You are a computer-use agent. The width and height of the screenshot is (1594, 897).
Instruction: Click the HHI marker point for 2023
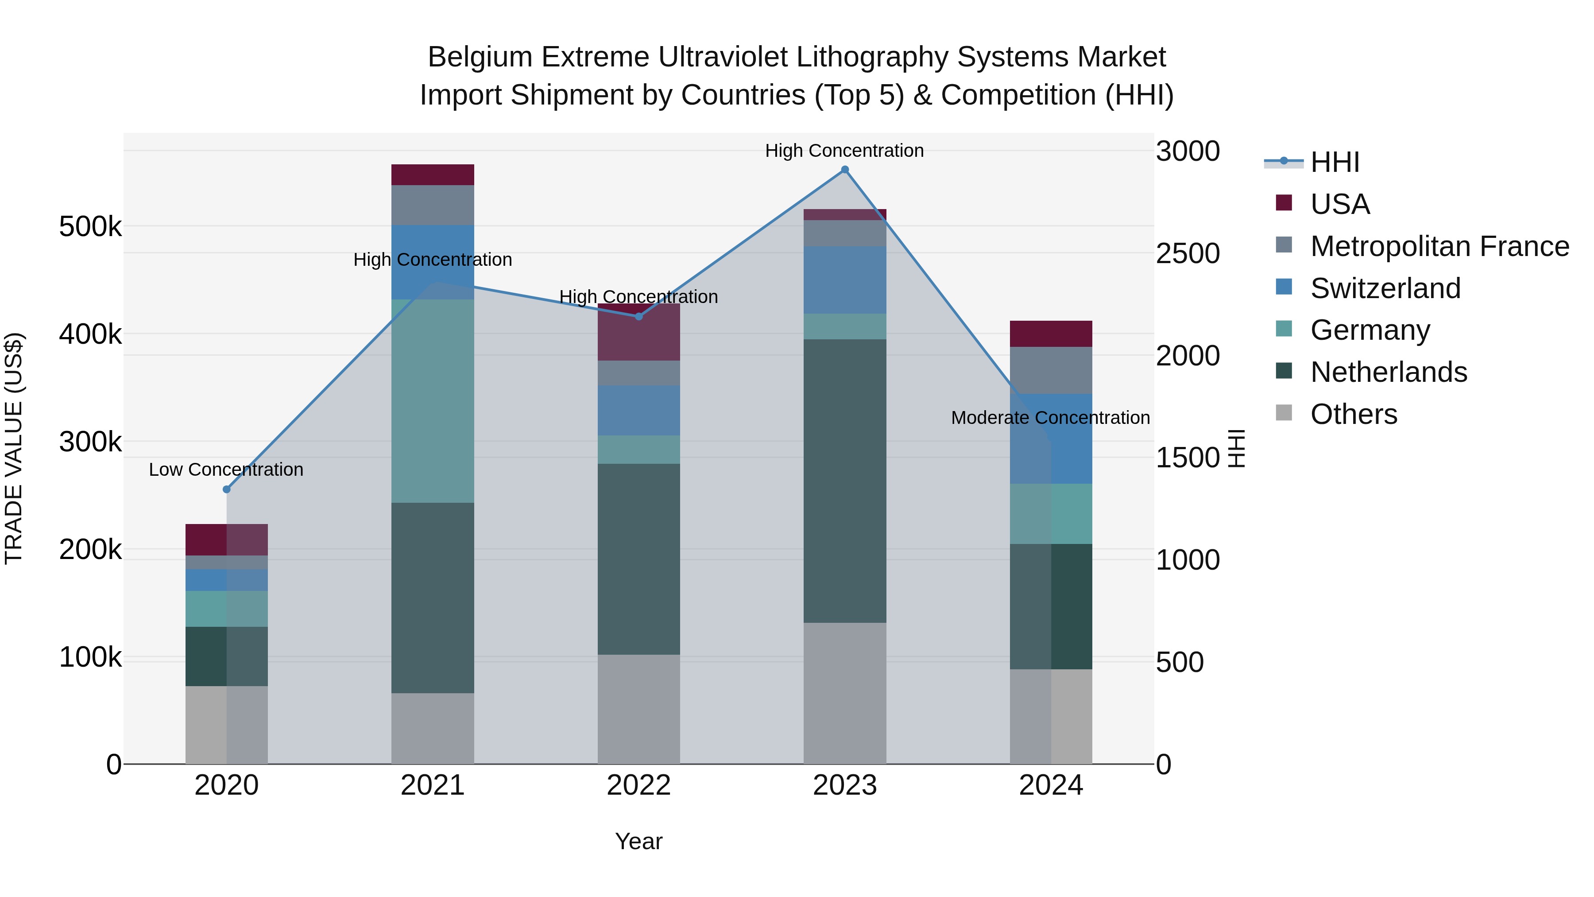point(845,170)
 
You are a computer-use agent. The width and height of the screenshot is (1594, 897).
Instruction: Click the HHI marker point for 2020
point(226,489)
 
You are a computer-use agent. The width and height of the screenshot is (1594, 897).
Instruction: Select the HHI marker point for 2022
point(638,316)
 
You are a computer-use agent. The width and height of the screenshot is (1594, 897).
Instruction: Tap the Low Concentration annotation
point(226,470)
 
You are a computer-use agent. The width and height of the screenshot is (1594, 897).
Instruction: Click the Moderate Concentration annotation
point(1050,418)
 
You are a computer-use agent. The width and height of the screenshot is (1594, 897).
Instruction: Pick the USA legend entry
point(1340,204)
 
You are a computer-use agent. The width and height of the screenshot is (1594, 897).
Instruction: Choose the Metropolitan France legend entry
point(1439,246)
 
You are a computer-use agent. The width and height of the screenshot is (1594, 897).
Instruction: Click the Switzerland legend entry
point(1385,288)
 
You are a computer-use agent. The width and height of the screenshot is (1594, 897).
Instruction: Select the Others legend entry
point(1353,414)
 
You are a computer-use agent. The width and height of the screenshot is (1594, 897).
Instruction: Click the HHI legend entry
point(1335,162)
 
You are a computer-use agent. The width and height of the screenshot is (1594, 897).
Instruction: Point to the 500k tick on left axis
point(90,226)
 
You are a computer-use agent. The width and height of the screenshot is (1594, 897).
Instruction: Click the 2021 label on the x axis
point(433,785)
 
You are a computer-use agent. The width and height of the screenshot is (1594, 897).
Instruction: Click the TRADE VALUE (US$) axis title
point(14,449)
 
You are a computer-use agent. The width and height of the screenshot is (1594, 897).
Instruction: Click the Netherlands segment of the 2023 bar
point(845,481)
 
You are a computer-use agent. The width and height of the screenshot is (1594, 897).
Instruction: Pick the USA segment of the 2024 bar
point(1051,334)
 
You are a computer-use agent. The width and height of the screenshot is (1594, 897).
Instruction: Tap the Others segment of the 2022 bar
point(638,709)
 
